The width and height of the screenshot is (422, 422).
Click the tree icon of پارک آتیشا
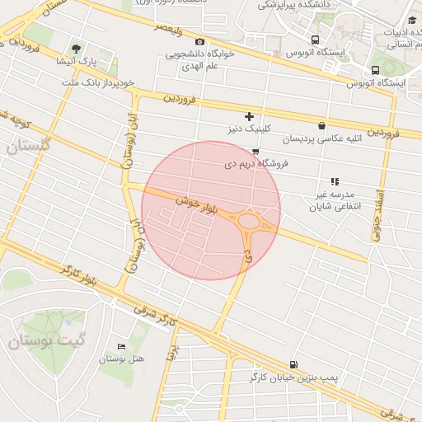pos(77,49)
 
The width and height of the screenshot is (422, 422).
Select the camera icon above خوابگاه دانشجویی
pos(199,41)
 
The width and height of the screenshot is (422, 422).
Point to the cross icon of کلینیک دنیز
pos(249,117)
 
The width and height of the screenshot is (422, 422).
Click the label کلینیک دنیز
pos(249,129)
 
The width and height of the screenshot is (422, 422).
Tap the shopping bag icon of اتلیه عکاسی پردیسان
pos(321,126)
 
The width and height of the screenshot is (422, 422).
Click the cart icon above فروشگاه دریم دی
pos(256,152)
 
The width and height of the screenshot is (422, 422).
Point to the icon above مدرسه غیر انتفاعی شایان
pos(334,181)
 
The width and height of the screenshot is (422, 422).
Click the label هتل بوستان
pos(122,359)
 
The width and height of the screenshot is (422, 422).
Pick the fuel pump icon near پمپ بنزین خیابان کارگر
pos(293,364)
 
